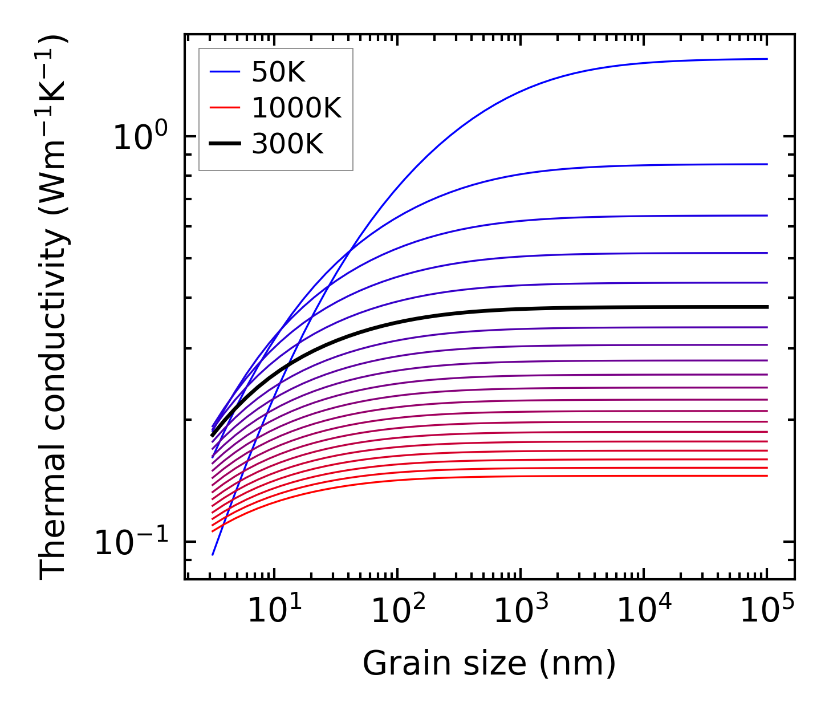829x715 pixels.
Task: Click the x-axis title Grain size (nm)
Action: [x=489, y=664]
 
